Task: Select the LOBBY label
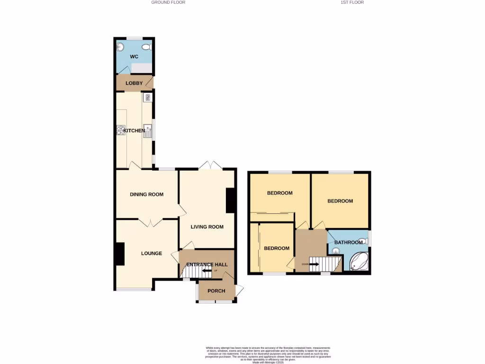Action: (134, 83)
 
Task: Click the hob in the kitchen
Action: (121, 130)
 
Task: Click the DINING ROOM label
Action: (147, 194)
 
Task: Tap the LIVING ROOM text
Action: (207, 227)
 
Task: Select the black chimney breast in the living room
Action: (231, 200)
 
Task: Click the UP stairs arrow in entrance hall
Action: (207, 271)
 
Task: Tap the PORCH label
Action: (216, 291)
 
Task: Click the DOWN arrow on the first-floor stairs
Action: (314, 264)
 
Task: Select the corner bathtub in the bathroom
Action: (359, 261)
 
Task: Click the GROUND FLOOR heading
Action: (168, 2)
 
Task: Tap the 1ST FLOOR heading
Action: (352, 2)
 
